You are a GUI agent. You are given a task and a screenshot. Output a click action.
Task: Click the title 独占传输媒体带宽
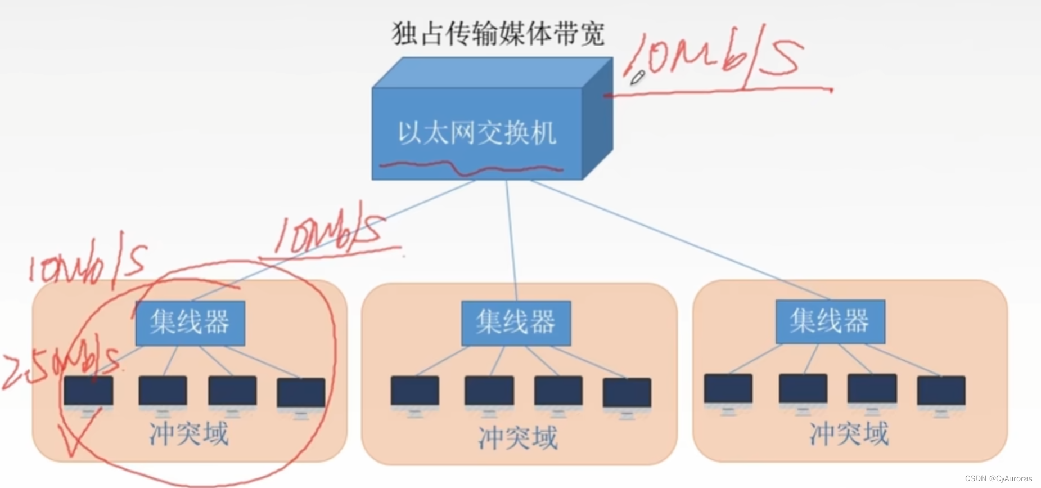(497, 34)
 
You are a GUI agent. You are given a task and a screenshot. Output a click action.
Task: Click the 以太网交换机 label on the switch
(477, 133)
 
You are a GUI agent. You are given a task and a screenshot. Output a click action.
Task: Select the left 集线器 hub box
(190, 323)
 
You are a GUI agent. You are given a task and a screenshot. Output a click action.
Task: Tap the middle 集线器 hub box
(516, 323)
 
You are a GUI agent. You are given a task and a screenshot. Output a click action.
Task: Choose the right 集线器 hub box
(830, 321)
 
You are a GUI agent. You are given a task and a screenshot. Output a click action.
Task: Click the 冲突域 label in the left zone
(189, 433)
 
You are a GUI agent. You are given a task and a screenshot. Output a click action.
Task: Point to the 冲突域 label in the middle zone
(518, 438)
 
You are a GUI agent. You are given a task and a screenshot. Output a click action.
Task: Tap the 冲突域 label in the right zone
(849, 433)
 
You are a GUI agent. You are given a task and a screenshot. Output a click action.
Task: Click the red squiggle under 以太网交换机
(471, 167)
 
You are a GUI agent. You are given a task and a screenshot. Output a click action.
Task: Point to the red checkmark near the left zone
(79, 433)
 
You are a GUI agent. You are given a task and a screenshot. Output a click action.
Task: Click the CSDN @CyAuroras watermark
(998, 478)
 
